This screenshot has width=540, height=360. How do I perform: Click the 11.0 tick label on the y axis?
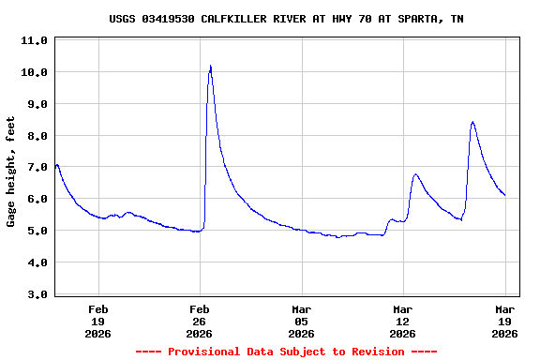(x=34, y=41)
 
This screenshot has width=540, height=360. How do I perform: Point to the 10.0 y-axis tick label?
(x=34, y=73)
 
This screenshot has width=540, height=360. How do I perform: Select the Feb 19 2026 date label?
(x=98, y=321)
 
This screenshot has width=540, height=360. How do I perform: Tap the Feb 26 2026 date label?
(x=200, y=321)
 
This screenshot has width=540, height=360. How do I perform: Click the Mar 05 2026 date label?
(x=301, y=321)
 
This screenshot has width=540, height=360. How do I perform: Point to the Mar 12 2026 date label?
(x=402, y=321)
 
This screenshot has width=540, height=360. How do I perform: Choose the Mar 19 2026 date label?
(x=504, y=321)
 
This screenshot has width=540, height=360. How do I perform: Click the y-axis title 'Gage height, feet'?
(x=11, y=172)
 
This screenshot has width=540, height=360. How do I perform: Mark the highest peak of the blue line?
(x=211, y=66)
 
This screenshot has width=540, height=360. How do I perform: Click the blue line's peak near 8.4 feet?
(x=472, y=122)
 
